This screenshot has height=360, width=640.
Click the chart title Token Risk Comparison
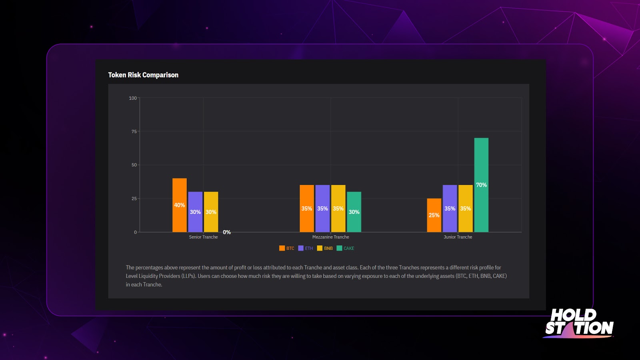[143, 75]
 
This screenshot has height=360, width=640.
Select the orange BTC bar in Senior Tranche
[179, 205]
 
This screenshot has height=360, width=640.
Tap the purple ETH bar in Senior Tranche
[195, 212]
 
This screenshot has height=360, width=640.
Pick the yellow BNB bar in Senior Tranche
[211, 212]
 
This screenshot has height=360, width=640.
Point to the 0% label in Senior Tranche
[227, 232]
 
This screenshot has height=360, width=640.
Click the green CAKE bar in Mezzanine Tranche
[354, 212]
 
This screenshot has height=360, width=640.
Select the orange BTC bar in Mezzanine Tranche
[306, 208]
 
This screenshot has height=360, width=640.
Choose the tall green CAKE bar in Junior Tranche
[481, 185]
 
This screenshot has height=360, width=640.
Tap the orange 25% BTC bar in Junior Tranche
[434, 215]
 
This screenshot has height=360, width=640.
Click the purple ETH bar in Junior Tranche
[450, 208]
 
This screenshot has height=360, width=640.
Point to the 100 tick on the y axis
[133, 98]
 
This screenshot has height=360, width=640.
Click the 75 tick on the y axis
[134, 132]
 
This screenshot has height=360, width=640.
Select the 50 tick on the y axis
[134, 165]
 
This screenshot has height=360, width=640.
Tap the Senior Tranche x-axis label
[203, 237]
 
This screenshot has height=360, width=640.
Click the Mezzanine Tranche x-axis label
[330, 237]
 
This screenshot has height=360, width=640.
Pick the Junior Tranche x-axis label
[458, 237]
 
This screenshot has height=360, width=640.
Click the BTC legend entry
[287, 248]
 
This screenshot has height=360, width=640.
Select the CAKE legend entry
[346, 248]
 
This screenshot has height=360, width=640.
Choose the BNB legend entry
[325, 248]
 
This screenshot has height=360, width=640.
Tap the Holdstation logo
[579, 322]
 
